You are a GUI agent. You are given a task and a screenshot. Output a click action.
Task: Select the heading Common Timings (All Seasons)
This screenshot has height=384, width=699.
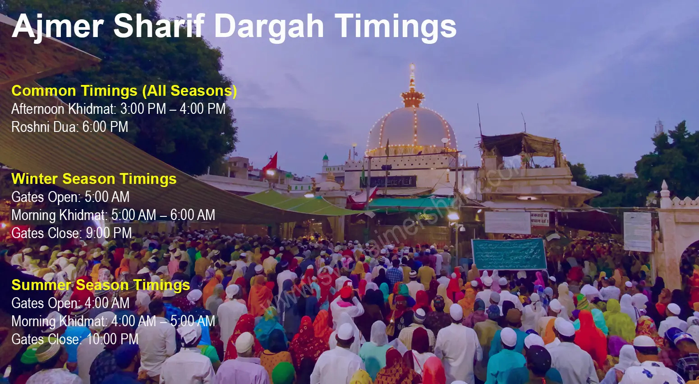tap(124, 91)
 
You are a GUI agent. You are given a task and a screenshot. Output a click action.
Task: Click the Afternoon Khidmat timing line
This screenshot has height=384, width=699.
tap(118, 109)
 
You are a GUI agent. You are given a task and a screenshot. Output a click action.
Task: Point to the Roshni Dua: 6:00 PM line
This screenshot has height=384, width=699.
tap(70, 127)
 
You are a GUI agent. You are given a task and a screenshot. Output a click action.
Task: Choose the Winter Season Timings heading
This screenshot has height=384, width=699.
tap(94, 179)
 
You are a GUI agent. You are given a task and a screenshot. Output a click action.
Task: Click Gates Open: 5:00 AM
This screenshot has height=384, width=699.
tap(70, 197)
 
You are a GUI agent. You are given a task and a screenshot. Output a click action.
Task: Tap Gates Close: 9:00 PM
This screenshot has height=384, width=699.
tap(72, 233)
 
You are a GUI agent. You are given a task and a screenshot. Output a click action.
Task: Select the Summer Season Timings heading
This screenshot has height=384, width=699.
tap(101, 285)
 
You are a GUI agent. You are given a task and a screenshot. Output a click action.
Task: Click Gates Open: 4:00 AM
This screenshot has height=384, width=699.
tap(70, 303)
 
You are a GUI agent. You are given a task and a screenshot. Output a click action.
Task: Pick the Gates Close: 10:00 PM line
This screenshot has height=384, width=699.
tap(75, 339)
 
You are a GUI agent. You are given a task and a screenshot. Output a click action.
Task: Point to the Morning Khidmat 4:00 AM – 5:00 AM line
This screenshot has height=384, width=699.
tap(113, 321)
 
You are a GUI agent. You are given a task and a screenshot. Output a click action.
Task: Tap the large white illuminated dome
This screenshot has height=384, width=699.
tap(411, 129)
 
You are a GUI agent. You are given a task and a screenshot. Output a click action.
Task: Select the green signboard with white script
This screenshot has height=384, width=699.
tap(509, 254)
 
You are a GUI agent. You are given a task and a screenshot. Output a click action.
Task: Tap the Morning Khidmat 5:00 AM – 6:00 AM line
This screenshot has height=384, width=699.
tap(113, 215)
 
